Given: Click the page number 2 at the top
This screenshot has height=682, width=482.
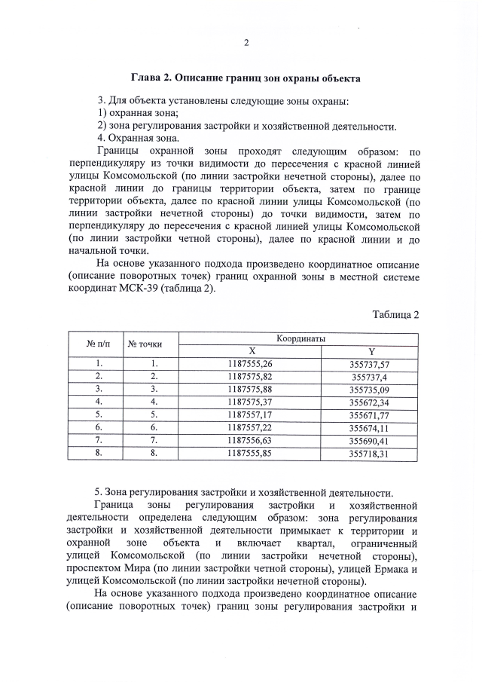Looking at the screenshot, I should (246, 42).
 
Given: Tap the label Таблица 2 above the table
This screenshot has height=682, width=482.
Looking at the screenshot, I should (395, 314).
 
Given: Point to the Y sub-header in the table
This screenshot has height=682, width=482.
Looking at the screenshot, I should (371, 352).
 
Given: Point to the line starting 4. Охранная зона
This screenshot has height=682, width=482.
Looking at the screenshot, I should (139, 139).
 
